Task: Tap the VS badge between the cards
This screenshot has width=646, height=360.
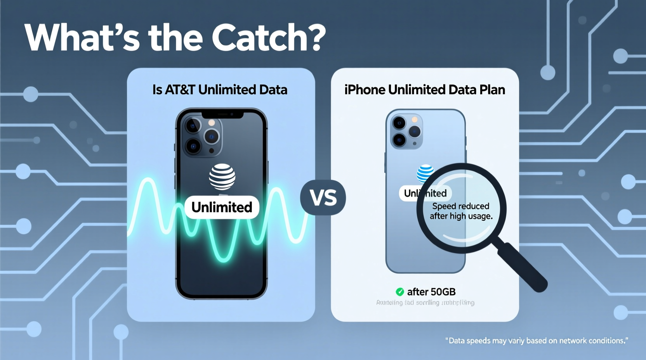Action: [x=323, y=197]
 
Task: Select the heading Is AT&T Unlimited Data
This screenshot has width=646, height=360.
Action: [x=220, y=90]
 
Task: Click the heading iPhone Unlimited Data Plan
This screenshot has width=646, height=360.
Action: [x=425, y=90]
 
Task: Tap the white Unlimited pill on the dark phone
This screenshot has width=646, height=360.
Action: [x=222, y=207]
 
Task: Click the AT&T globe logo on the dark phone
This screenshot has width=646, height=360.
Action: [x=222, y=177]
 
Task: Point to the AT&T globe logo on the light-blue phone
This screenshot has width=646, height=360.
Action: [x=424, y=173]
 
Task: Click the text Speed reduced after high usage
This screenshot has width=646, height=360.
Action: [x=461, y=211]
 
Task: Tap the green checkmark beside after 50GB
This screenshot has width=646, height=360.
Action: [x=399, y=292]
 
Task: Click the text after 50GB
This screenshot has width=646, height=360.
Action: [x=431, y=292]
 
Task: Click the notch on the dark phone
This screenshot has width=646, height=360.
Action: [x=222, y=114]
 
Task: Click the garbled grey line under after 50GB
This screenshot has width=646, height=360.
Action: [x=425, y=303]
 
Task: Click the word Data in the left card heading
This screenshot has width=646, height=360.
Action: [x=273, y=90]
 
